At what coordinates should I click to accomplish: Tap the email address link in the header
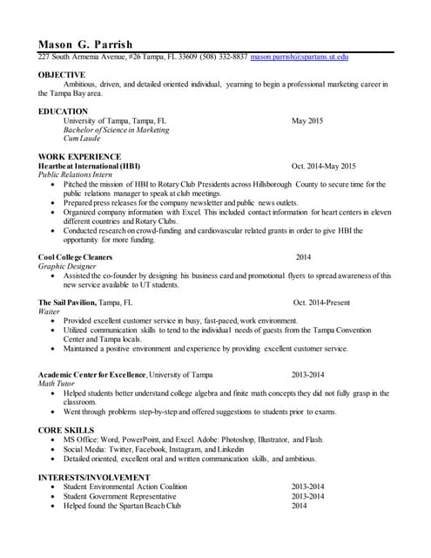point(300,57)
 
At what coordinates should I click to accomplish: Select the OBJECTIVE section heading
point(62,75)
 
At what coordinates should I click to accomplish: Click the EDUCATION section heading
point(64,112)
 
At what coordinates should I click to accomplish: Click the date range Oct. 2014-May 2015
point(324,166)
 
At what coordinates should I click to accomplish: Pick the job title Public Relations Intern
point(78,174)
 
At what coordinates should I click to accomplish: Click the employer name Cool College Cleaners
point(76,257)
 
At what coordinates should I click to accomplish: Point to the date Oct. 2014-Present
point(321,303)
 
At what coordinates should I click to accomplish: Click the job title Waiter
point(50,311)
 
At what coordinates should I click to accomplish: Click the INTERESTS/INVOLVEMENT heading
point(93,478)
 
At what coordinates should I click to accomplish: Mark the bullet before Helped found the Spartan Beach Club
point(55,506)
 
